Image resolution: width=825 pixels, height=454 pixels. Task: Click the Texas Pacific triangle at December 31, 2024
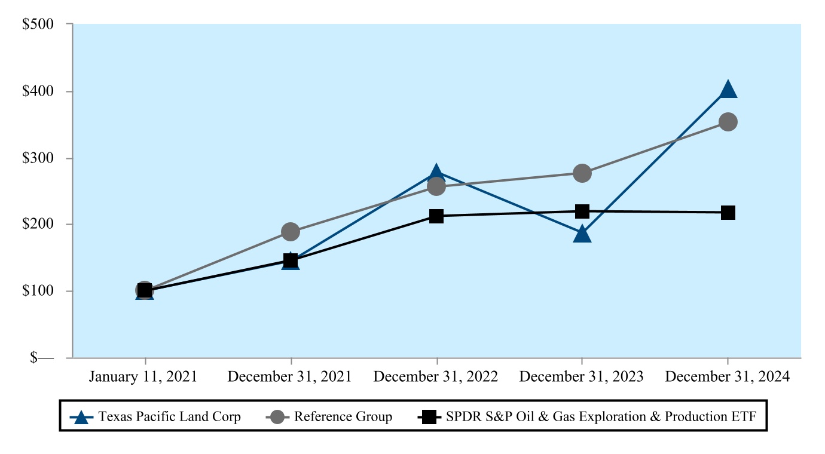[728, 90]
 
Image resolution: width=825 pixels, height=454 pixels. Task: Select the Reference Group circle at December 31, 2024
[728, 122]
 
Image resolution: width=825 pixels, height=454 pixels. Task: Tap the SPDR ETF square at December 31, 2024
[728, 213]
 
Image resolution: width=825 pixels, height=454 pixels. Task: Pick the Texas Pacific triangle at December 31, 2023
[582, 234]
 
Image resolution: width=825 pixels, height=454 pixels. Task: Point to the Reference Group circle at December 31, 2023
[582, 173]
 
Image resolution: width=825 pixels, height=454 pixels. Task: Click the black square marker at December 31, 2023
[582, 211]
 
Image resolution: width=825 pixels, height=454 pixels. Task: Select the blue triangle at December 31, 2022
[436, 173]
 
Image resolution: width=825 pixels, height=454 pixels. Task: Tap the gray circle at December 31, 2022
[436, 187]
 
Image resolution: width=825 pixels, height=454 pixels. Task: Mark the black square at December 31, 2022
[436, 216]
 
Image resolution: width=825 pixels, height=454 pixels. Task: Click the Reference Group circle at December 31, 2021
[291, 232]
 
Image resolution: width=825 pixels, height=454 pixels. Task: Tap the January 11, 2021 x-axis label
[143, 377]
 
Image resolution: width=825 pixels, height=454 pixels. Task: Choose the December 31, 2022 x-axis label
[436, 377]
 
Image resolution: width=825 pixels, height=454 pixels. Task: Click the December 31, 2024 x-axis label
[728, 377]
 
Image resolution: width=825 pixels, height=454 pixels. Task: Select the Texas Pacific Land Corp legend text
[170, 416]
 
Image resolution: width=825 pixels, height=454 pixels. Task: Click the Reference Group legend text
[343, 416]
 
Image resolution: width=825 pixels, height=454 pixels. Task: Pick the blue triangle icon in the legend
[81, 417]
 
